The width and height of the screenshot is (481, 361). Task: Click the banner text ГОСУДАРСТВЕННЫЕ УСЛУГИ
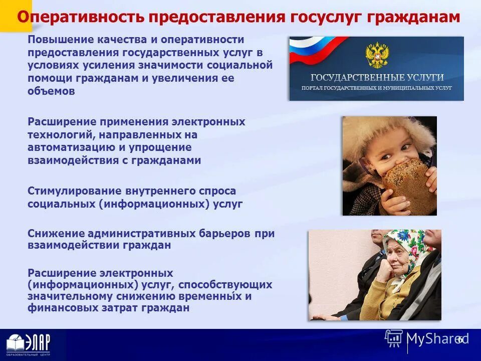[377, 78]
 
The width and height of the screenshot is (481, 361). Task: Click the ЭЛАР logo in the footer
[29, 345]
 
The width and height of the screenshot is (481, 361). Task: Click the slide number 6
[459, 339]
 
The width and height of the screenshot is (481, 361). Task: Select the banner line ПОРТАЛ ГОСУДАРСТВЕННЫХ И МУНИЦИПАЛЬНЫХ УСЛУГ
[376, 88]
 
